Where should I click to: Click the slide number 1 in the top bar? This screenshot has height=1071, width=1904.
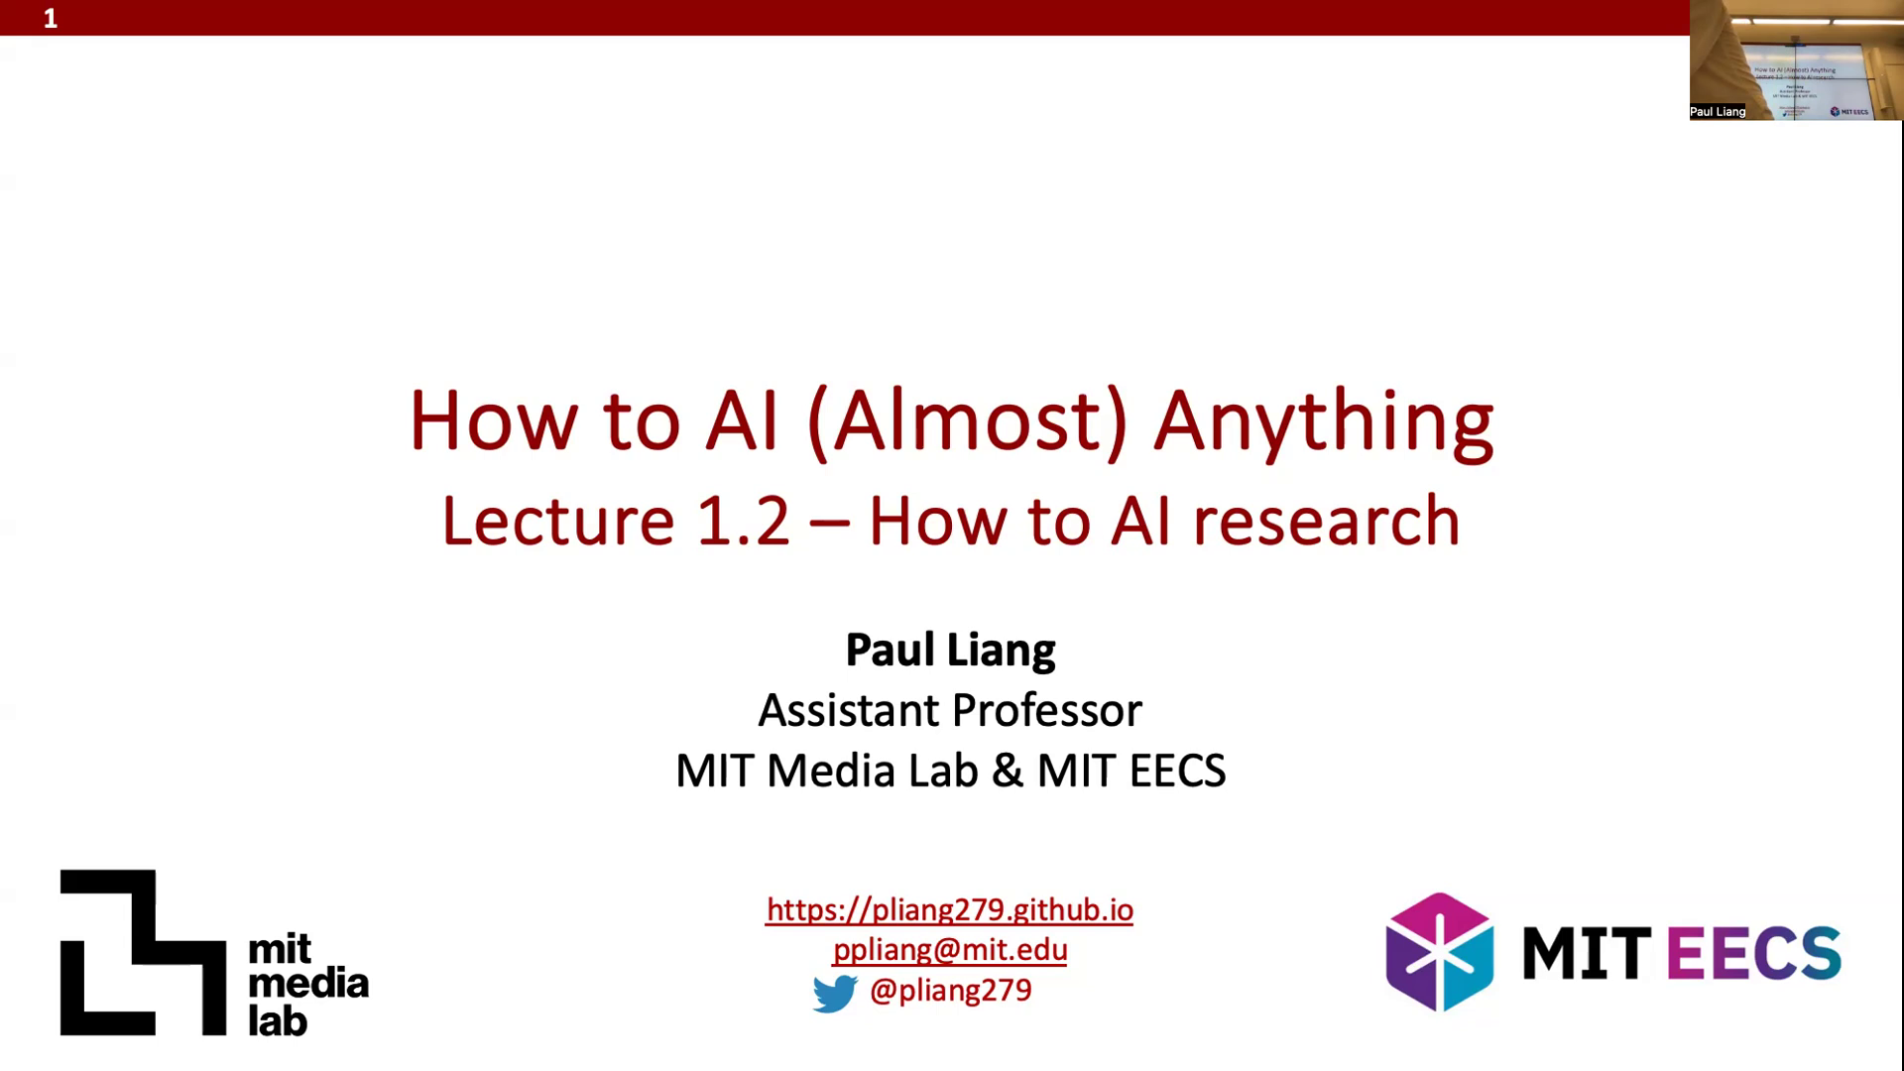point(51,19)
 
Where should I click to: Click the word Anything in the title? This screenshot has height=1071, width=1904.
point(1323,423)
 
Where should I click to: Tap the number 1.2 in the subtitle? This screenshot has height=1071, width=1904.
point(743,522)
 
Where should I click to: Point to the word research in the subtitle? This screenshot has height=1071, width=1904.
point(1326,522)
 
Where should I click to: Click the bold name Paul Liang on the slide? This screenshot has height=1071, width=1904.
point(950,651)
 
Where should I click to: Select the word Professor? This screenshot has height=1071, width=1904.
point(1046,711)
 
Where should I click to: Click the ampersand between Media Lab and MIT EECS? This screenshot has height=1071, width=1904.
point(1007,772)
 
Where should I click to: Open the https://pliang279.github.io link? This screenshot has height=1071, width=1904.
point(949,910)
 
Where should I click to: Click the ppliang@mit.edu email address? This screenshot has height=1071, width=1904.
point(950,950)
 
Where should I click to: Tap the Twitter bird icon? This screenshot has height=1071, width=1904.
point(835,994)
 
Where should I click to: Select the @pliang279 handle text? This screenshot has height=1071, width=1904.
point(950,991)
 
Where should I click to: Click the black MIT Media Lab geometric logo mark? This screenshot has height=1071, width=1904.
point(143,952)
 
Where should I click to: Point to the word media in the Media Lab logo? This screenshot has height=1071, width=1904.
point(307,985)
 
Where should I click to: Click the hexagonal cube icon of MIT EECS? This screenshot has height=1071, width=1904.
point(1439,952)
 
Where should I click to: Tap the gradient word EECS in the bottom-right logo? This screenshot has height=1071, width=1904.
point(1754,952)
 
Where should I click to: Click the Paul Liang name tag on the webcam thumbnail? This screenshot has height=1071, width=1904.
point(1718,112)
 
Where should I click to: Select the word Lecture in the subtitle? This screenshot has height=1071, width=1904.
point(558,522)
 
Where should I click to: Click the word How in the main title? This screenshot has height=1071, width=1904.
point(493,421)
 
